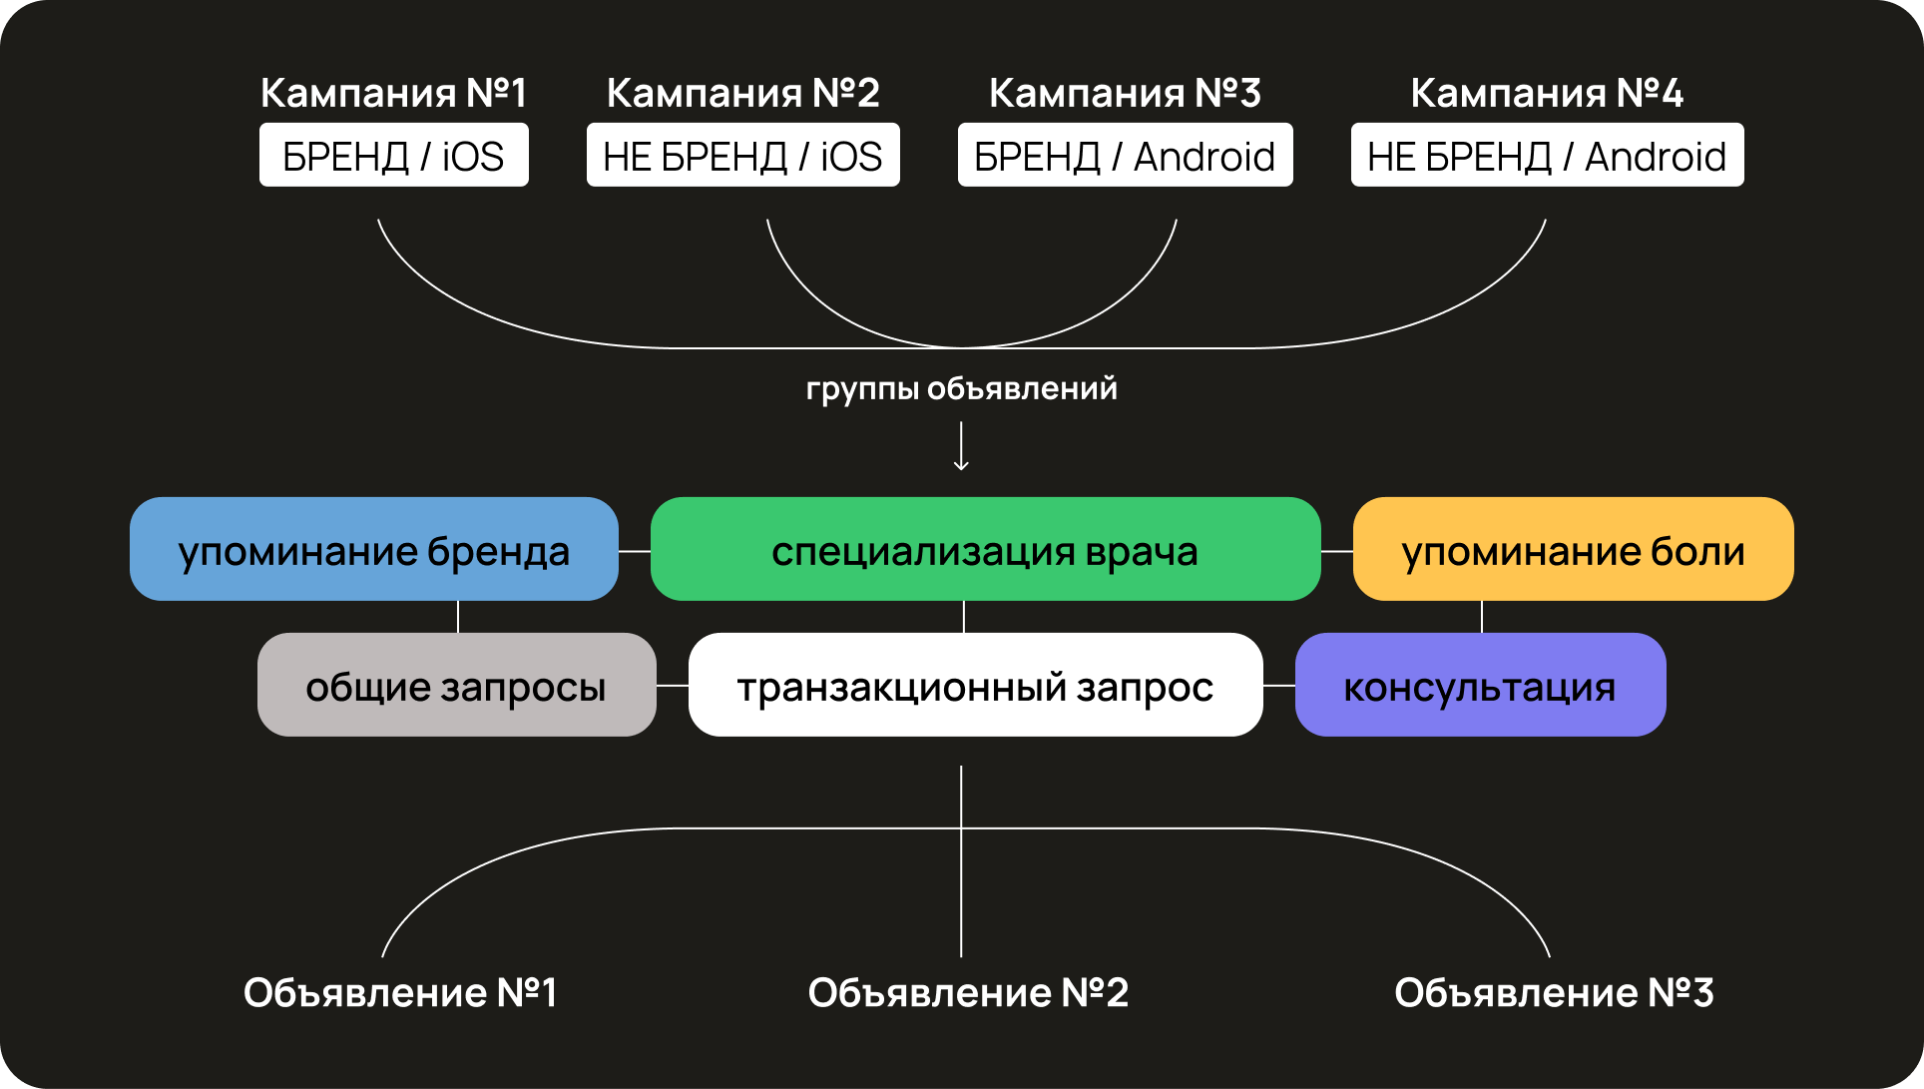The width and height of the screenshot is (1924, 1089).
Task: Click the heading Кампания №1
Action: click(x=393, y=93)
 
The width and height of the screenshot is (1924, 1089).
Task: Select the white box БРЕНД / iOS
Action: click(x=393, y=156)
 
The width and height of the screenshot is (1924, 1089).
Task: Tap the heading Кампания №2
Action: click(x=742, y=93)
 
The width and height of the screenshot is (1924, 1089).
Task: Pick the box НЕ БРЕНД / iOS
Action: click(x=742, y=156)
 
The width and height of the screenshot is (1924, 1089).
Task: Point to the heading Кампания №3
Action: click(x=1125, y=93)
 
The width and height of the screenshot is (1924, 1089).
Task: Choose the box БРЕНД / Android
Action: click(x=1125, y=156)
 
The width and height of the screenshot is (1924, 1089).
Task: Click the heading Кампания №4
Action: click(x=1547, y=93)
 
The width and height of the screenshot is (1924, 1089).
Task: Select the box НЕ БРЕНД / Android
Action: click(x=1547, y=156)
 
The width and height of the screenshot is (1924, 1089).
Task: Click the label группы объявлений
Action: click(x=961, y=388)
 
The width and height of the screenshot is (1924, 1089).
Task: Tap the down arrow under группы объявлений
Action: click(x=961, y=446)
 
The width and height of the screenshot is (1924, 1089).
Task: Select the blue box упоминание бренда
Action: click(x=373, y=549)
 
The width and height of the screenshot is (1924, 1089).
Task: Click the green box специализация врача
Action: click(x=985, y=549)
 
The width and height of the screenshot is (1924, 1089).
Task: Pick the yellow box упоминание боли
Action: click(x=1573, y=549)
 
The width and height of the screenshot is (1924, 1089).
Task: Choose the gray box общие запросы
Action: click(x=456, y=685)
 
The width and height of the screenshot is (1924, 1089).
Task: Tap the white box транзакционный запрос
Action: click(x=975, y=685)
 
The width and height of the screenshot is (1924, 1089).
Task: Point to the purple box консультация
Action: click(x=1480, y=685)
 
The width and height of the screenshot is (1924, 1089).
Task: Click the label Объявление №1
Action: click(x=400, y=992)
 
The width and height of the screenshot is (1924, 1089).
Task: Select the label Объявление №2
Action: click(x=968, y=992)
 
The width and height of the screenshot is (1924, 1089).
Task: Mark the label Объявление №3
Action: click(x=1554, y=992)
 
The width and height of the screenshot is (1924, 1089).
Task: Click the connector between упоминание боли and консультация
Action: click(x=1482, y=617)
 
